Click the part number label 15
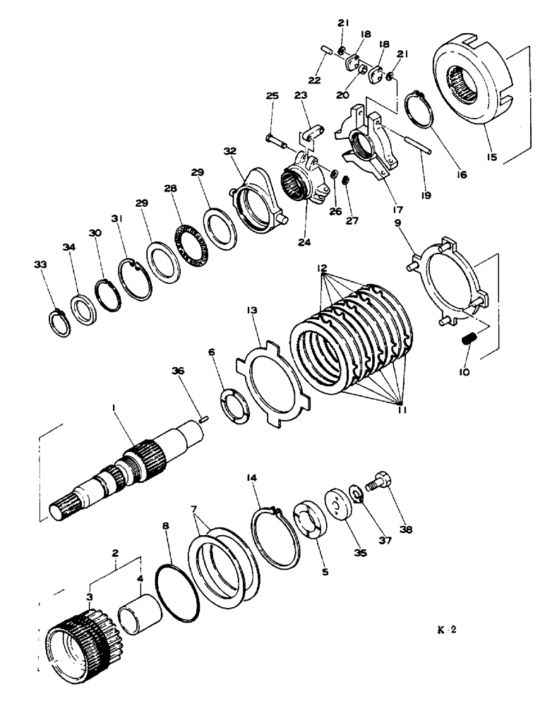coord(490,150)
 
